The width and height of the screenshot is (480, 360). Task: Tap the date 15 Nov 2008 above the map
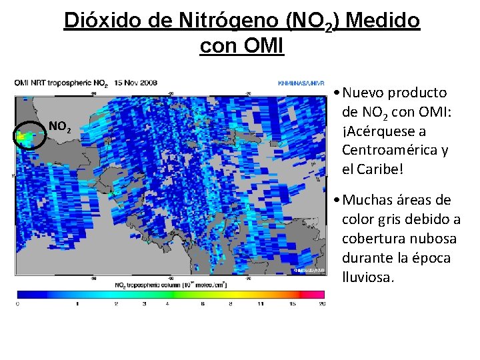click(136, 83)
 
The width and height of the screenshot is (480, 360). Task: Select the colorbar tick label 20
click(323, 304)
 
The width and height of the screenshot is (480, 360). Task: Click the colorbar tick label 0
click(17, 304)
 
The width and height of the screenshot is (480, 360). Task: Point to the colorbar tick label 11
click(260, 304)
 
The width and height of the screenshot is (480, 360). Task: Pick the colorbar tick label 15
click(292, 304)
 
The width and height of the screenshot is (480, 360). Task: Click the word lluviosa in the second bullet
click(368, 277)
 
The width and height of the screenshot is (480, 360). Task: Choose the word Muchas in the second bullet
click(369, 200)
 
